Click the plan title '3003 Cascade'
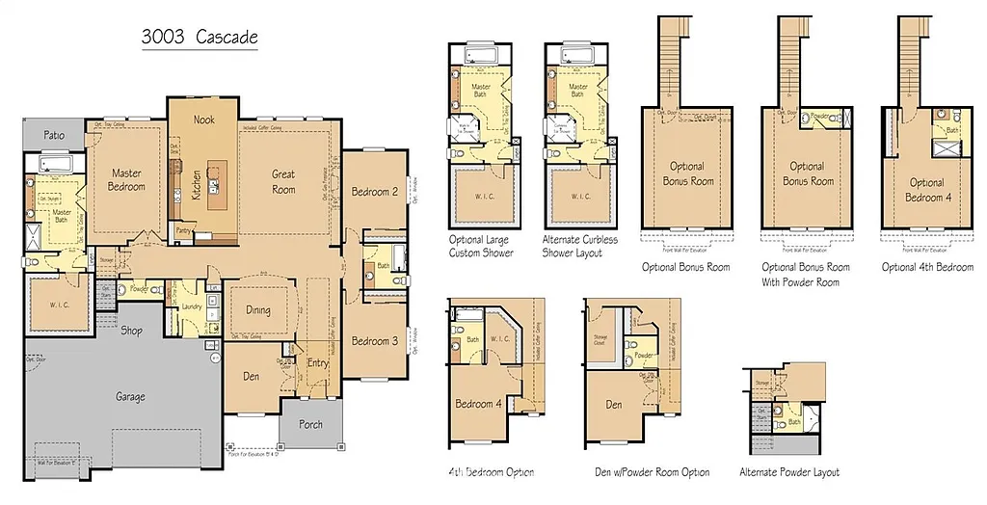pyautogui.click(x=200, y=38)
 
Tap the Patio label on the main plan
pyautogui.click(x=55, y=136)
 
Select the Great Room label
pyautogui.click(x=283, y=182)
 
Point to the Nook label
pyautogui.click(x=203, y=120)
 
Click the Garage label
pyautogui.click(x=131, y=396)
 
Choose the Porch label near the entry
pyautogui.click(x=311, y=424)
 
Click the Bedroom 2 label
pyautogui.click(x=374, y=191)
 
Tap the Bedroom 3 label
pyautogui.click(x=374, y=341)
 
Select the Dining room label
pyautogui.click(x=257, y=310)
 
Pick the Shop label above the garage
pyautogui.click(x=132, y=331)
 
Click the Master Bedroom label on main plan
pyautogui.click(x=126, y=180)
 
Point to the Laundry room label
pyautogui.click(x=191, y=307)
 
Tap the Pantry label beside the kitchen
pyautogui.click(x=183, y=230)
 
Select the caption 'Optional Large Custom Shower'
pyautogui.click(x=481, y=246)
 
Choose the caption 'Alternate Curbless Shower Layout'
pyautogui.click(x=581, y=246)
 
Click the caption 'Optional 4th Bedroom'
pyautogui.click(x=927, y=267)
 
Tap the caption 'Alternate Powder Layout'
pyautogui.click(x=789, y=472)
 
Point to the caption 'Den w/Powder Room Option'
pyautogui.click(x=653, y=472)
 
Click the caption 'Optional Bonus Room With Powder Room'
pyautogui.click(x=806, y=275)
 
